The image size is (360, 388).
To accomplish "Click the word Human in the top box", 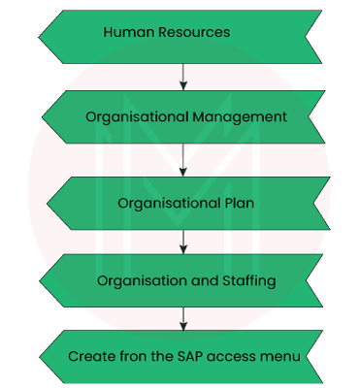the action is (x=126, y=33).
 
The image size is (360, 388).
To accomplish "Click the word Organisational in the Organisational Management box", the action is (x=131, y=116).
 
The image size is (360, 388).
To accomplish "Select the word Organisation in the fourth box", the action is (x=140, y=281).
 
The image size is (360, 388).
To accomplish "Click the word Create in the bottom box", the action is (x=89, y=356).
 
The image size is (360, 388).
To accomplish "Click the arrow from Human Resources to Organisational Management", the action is (x=181, y=76).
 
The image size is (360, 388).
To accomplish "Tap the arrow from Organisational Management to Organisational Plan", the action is (x=181, y=161).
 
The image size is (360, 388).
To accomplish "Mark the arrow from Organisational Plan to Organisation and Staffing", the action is (x=181, y=243).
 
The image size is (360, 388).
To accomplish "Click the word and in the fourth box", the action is (x=200, y=281).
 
